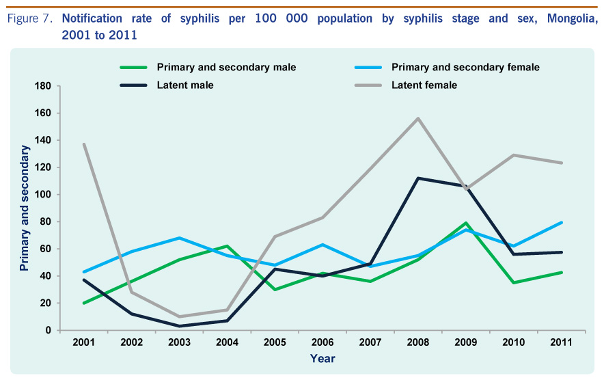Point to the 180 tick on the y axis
coord(43,86)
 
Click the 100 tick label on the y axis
coord(43,195)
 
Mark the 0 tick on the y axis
coord(48,330)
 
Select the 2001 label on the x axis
coord(83,342)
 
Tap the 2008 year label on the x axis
coord(418,342)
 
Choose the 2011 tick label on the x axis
coord(561,342)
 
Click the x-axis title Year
coord(322,359)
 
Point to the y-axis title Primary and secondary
coord(25,208)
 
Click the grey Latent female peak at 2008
coord(418,118)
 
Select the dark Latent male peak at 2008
coord(418,178)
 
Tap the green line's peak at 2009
coord(466,223)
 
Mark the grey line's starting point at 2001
coord(83,144)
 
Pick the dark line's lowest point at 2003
coord(179,326)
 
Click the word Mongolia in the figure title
coord(573,18)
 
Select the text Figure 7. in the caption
coord(29,18)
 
